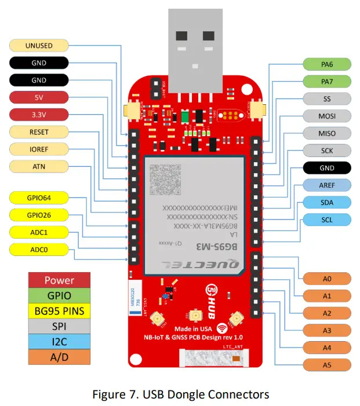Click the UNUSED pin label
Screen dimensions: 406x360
click(39, 45)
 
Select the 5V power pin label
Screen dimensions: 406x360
click(39, 97)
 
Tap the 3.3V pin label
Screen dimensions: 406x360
click(39, 115)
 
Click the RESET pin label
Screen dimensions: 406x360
click(39, 132)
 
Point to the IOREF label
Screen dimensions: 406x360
click(39, 149)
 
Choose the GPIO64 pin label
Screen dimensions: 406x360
click(39, 197)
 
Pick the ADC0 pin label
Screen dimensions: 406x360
click(39, 250)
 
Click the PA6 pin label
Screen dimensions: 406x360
click(327, 64)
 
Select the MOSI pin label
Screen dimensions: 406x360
click(327, 116)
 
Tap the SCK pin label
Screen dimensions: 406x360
click(327, 151)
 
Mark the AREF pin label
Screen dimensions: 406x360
click(327, 185)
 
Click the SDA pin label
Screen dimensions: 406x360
click(327, 203)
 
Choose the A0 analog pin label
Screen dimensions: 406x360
click(327, 279)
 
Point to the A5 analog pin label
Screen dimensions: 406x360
click(327, 365)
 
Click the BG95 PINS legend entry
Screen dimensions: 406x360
click(60, 311)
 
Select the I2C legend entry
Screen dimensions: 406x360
click(60, 342)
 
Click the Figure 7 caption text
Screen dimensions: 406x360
click(180, 394)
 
